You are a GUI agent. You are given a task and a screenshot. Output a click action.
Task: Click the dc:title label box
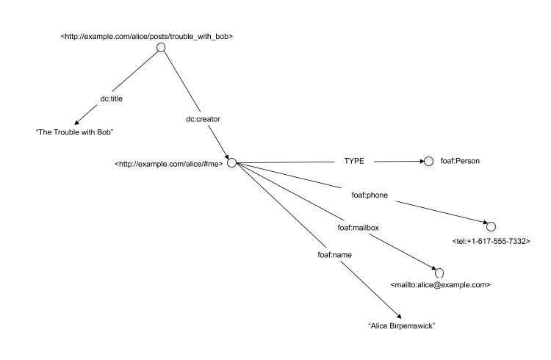point(112,98)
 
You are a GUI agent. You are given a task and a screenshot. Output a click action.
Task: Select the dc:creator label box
point(203,119)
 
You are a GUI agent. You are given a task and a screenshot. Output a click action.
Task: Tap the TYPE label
point(354,161)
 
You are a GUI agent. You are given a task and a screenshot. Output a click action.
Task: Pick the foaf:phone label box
point(370,195)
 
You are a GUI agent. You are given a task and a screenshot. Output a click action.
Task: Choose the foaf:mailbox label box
point(359,228)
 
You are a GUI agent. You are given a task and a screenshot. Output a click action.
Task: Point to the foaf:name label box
point(335,255)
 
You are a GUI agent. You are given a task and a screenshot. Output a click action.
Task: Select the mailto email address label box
point(440,284)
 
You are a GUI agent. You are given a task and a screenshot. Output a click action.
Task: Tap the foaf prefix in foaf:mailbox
point(345,228)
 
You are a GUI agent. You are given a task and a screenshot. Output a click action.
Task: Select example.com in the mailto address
point(464,284)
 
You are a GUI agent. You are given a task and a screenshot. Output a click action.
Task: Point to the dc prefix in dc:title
point(105,98)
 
